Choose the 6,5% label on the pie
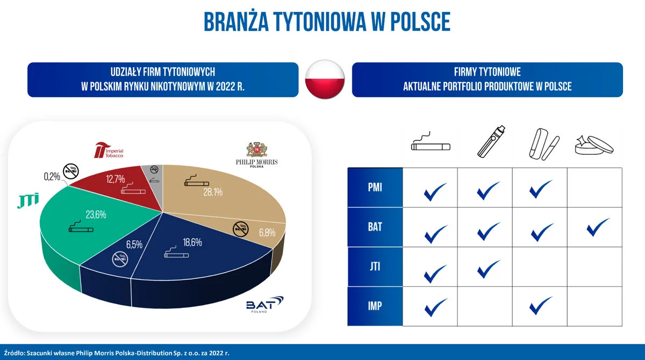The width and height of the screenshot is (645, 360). pos(134,244)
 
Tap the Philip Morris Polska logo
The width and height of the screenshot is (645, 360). pos(256,155)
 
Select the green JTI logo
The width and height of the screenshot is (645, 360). pos(27,203)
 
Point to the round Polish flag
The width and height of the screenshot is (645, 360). pos(325,80)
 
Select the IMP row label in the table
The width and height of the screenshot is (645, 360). pos(375,306)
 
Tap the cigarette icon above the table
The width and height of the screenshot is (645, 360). pos(429,143)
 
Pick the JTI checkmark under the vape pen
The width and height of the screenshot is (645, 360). pos(489,268)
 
